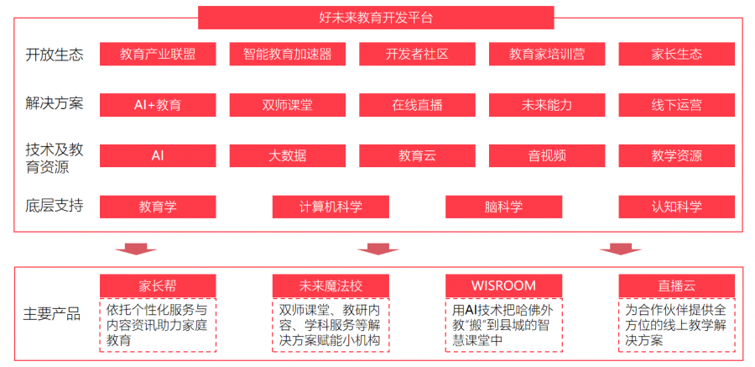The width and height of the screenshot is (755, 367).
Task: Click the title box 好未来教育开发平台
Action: pyautogui.click(x=376, y=17)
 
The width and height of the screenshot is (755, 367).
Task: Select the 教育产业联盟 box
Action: pyautogui.click(x=158, y=54)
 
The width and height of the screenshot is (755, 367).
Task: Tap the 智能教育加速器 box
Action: pyautogui.click(x=288, y=54)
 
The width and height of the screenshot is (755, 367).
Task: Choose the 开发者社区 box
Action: pyautogui.click(x=417, y=54)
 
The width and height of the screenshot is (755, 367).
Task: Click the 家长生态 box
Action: pyautogui.click(x=676, y=54)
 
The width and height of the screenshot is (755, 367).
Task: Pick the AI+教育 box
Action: pyautogui.click(x=158, y=105)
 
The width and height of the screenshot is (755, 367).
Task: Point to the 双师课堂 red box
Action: pyautogui.click(x=288, y=105)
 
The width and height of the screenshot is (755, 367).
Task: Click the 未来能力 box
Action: pyautogui.click(x=547, y=105)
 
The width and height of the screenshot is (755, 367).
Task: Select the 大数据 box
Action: pyautogui.click(x=288, y=155)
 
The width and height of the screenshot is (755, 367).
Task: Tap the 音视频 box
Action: pyautogui.click(x=547, y=155)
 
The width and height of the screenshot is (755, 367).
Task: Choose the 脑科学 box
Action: pyautogui.click(x=503, y=207)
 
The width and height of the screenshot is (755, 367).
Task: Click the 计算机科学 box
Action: pyautogui.click(x=331, y=207)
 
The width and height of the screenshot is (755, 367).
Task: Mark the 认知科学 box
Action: pyautogui.click(x=676, y=207)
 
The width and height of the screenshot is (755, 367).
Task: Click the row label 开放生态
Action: pyautogui.click(x=55, y=55)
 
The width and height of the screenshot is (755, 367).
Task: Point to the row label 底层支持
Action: pyautogui.click(x=55, y=206)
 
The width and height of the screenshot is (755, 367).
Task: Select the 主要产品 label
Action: pyautogui.click(x=52, y=314)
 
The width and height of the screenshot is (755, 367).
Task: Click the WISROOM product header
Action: pyautogui.click(x=503, y=285)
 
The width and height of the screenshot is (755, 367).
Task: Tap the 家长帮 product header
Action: pyautogui.click(x=158, y=285)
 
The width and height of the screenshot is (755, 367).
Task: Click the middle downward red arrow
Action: pyautogui.click(x=377, y=249)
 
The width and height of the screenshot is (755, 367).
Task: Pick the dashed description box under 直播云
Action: pyautogui.click(x=676, y=324)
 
